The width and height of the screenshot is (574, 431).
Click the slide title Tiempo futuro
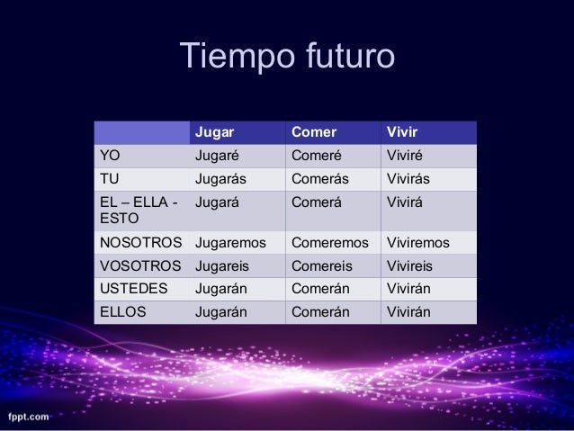(287, 57)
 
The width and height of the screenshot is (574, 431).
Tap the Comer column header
(312, 134)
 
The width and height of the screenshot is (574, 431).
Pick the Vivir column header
(401, 134)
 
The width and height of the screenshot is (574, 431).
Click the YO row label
(109, 157)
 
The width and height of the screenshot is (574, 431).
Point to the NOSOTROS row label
(140, 243)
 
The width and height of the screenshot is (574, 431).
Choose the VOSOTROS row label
(139, 266)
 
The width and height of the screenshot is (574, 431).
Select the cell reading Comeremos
(329, 243)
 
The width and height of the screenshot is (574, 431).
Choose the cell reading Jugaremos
(231, 243)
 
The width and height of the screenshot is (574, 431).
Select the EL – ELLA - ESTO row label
(138, 210)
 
